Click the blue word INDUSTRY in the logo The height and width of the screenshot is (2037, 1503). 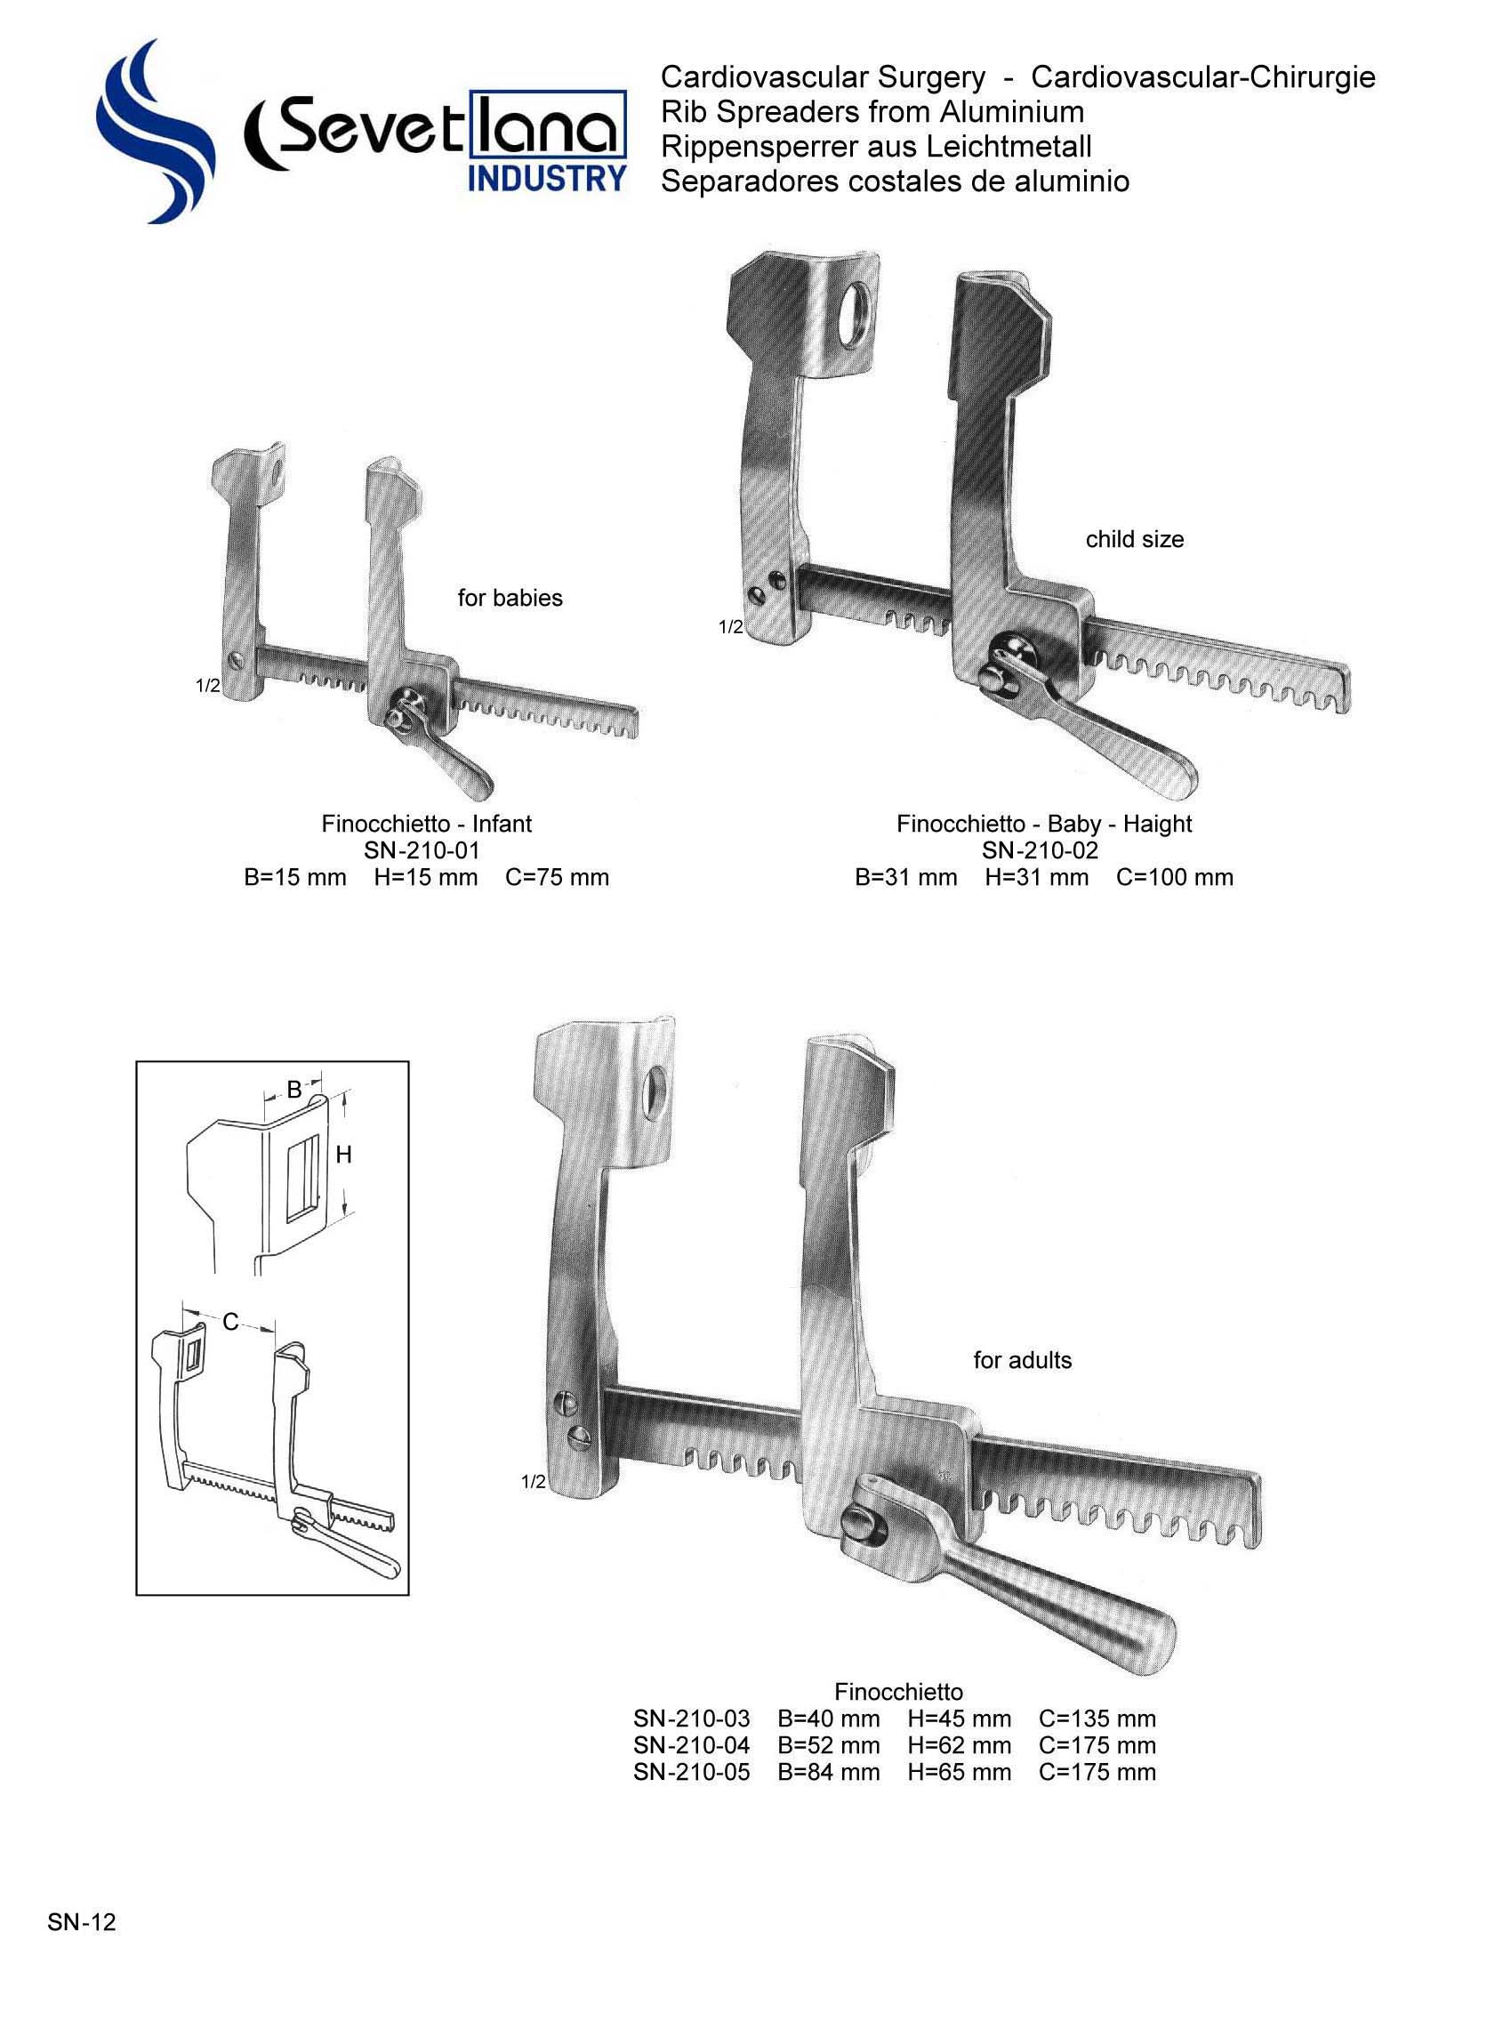[x=547, y=178]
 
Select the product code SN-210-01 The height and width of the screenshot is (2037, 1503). [x=422, y=850]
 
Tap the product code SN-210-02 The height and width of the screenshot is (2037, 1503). [x=1040, y=850]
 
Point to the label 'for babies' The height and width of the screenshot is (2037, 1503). [x=510, y=598]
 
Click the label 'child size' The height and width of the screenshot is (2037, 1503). [x=1135, y=540]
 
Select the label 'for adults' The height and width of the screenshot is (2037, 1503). [x=1022, y=1360]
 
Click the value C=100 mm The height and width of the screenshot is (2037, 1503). [x=1175, y=878]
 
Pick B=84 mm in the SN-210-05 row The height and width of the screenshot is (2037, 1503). [x=828, y=1772]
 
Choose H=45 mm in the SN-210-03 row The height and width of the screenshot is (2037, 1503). [x=959, y=1719]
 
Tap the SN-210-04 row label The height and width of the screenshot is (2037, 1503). [x=691, y=1746]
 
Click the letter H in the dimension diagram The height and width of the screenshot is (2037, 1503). [x=343, y=1155]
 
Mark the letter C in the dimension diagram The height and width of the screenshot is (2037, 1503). [x=230, y=1322]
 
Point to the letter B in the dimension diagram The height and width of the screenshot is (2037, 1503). [x=293, y=1089]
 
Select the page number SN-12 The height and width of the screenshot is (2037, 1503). [x=82, y=1922]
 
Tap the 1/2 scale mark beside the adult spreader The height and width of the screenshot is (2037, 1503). [x=532, y=1482]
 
